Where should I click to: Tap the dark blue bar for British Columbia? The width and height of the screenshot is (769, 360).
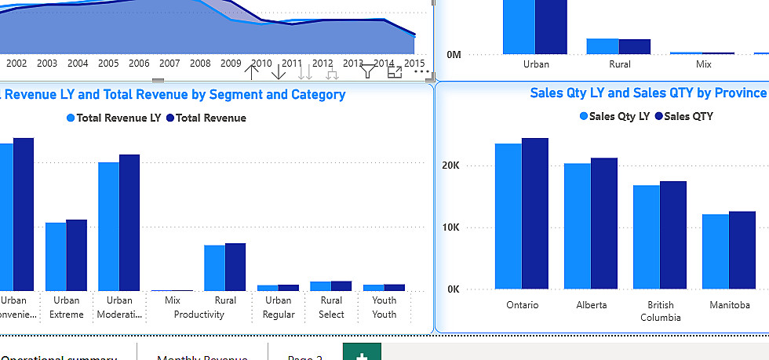[x=673, y=235]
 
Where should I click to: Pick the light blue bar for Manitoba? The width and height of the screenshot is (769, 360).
[x=715, y=251]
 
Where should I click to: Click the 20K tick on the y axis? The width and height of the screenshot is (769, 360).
[x=450, y=165]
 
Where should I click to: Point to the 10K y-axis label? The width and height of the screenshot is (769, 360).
[x=450, y=227]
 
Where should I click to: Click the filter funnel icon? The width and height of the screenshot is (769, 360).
[x=367, y=72]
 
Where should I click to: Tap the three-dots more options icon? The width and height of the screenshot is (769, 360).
[x=422, y=72]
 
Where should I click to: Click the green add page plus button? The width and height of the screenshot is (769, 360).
[x=362, y=355]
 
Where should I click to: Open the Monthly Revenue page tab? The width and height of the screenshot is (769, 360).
[x=202, y=357]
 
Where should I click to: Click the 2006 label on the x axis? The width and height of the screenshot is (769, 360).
[x=139, y=63]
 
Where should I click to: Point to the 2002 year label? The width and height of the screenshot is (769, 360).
[x=16, y=63]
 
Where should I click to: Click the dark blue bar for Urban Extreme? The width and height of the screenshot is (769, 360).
[x=77, y=255]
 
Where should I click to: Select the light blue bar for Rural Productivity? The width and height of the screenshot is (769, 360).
[x=214, y=268]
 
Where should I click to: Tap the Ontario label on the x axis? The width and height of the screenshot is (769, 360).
[x=523, y=305]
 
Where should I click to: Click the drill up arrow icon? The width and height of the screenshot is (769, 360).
[x=252, y=72]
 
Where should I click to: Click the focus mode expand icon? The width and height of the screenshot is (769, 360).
[x=395, y=72]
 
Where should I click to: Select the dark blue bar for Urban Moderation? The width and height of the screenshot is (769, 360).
[x=129, y=223]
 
